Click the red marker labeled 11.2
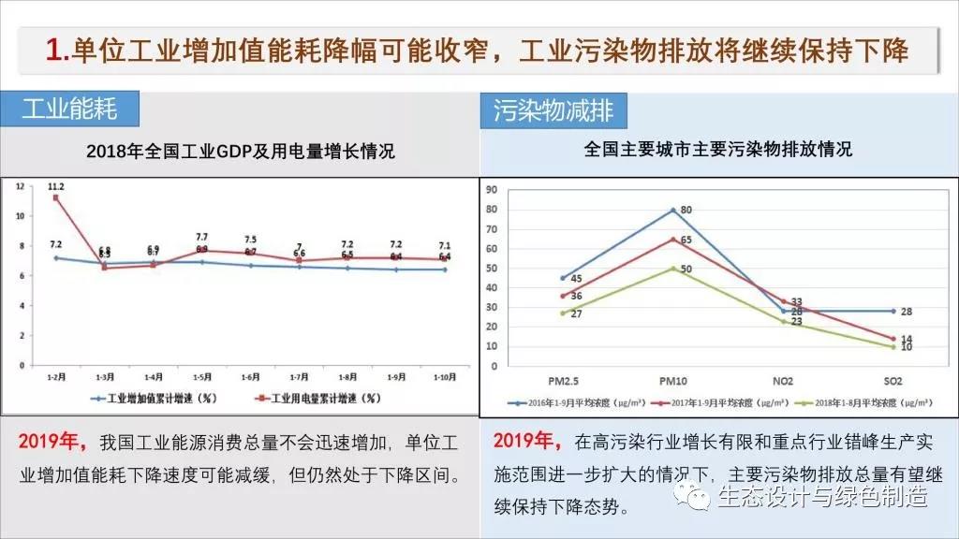pyautogui.click(x=57, y=197)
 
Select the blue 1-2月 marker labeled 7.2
pyautogui.click(x=57, y=257)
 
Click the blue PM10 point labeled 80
pyautogui.click(x=673, y=210)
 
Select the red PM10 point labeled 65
pyautogui.click(x=673, y=239)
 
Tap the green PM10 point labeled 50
pyautogui.click(x=673, y=269)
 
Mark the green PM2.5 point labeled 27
pyautogui.click(x=563, y=313)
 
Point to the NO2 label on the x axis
pyautogui.click(x=784, y=380)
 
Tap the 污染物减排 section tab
pyautogui.click(x=553, y=110)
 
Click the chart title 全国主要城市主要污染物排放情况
pyautogui.click(x=717, y=149)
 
